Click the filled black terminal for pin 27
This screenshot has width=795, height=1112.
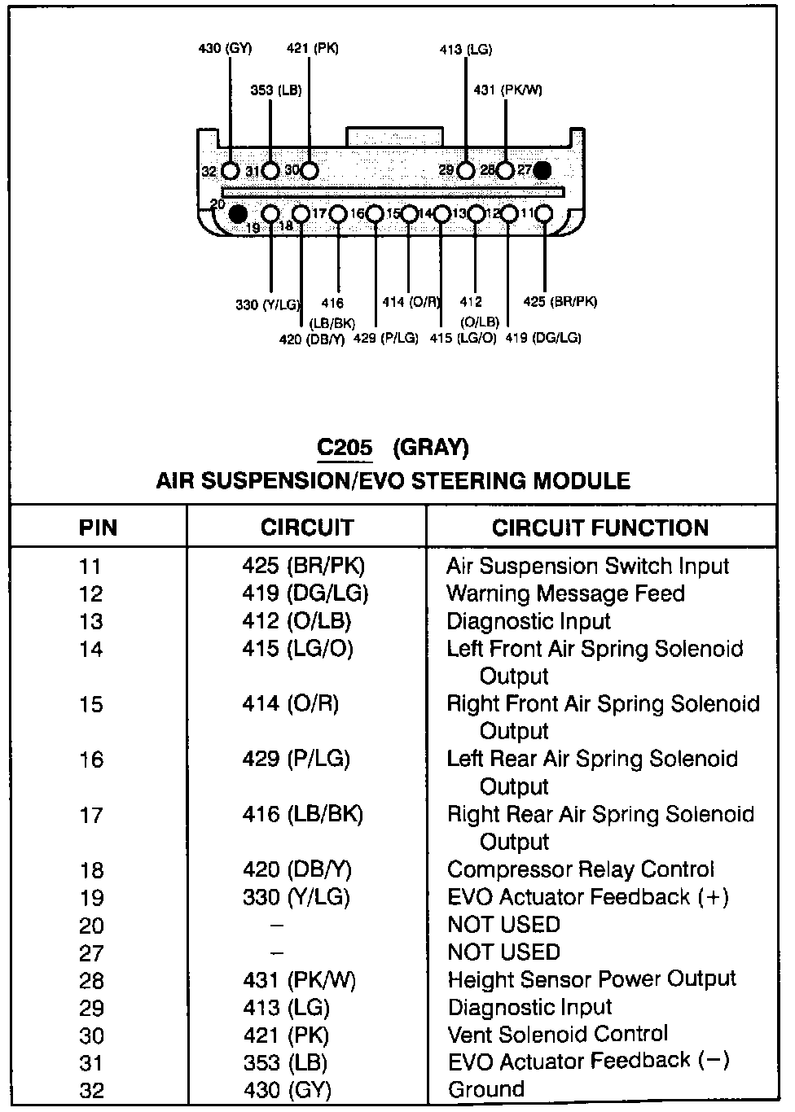point(542,170)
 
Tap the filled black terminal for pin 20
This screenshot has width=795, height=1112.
point(237,214)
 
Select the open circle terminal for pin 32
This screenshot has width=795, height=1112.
point(231,171)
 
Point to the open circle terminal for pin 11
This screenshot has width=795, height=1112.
point(543,214)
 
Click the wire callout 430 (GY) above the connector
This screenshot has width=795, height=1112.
point(225,48)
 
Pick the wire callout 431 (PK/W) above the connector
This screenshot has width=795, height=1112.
point(507,90)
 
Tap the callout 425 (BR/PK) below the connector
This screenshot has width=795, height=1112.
point(560,301)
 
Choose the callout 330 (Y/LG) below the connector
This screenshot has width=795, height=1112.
point(268,305)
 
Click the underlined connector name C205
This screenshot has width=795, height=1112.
point(345,448)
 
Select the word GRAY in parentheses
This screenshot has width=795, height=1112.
point(431,448)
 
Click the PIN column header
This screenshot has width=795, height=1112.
point(98,528)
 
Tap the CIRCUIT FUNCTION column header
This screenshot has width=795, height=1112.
point(600,528)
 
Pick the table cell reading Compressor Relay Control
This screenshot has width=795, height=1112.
point(581,869)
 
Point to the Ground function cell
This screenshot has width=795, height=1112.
point(486,1089)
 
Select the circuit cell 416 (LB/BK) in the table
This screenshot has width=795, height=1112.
point(302,814)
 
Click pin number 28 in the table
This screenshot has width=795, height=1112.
point(92,981)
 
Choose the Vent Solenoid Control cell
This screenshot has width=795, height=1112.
point(558,1034)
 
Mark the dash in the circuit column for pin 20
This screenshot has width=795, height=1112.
point(277,926)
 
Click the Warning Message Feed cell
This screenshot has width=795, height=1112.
point(565,593)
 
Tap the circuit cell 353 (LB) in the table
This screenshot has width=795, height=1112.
point(285,1062)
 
